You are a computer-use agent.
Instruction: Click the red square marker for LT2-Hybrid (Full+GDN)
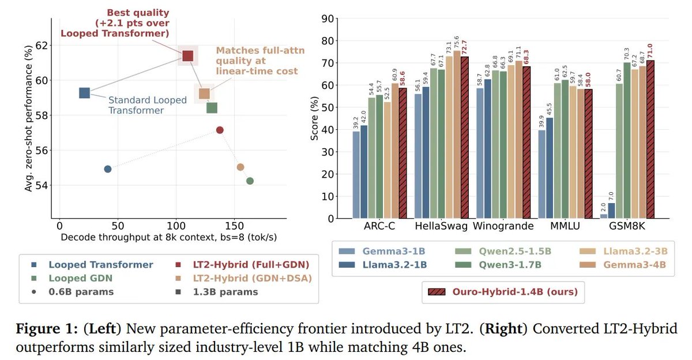pos(187,56)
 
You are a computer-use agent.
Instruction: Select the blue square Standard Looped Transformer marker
pos(84,93)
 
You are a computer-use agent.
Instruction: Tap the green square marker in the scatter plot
pos(212,108)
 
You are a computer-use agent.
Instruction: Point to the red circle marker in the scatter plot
pos(220,130)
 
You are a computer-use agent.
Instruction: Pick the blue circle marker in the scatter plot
pos(107,169)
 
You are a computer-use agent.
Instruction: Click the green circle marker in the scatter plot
pos(250,181)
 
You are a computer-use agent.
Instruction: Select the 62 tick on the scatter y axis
pos(42,46)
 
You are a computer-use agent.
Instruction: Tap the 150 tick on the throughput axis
pos(234,226)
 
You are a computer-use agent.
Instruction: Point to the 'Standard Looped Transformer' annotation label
pos(148,105)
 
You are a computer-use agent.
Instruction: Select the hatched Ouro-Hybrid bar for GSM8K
pos(650,140)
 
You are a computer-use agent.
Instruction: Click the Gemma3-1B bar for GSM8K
pos(604,216)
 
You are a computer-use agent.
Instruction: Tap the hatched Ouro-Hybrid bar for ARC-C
pos(403,153)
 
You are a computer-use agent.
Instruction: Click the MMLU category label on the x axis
pos(565,226)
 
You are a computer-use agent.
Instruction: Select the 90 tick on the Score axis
pos(328,19)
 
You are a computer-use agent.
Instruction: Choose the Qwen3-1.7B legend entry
pos(498,265)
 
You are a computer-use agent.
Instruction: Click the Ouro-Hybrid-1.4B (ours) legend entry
pos(503,292)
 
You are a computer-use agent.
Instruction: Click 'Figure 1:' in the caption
pos(47,328)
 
